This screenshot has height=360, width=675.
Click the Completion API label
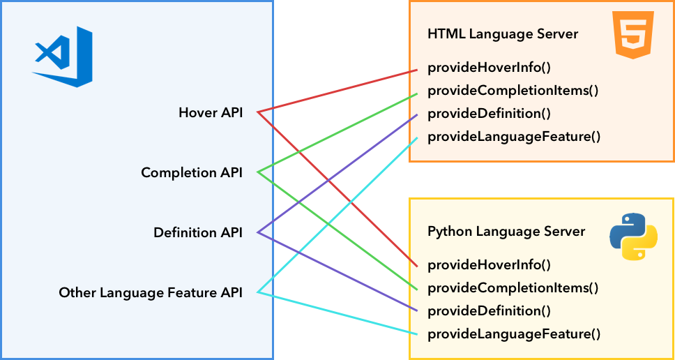point(192,172)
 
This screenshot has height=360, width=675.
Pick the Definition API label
point(198,232)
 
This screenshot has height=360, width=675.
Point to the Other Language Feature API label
point(151,293)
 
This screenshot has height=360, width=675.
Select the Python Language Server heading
point(506,231)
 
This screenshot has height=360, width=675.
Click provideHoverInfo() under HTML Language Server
point(490,68)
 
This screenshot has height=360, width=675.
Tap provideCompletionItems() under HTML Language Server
point(513,91)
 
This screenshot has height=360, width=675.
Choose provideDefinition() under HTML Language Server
point(489,114)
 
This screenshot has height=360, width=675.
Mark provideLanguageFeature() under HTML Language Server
point(514,137)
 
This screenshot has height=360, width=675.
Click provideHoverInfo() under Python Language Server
point(490,265)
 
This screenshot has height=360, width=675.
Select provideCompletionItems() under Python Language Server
point(513,288)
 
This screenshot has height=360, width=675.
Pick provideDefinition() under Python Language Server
point(489,310)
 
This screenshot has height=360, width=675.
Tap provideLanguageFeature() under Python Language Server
point(514,334)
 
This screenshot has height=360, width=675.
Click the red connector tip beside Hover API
point(259,112)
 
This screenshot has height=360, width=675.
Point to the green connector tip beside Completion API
point(259,172)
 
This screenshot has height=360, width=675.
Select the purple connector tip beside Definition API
point(259,232)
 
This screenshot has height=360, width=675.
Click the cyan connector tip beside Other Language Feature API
point(259,292)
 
